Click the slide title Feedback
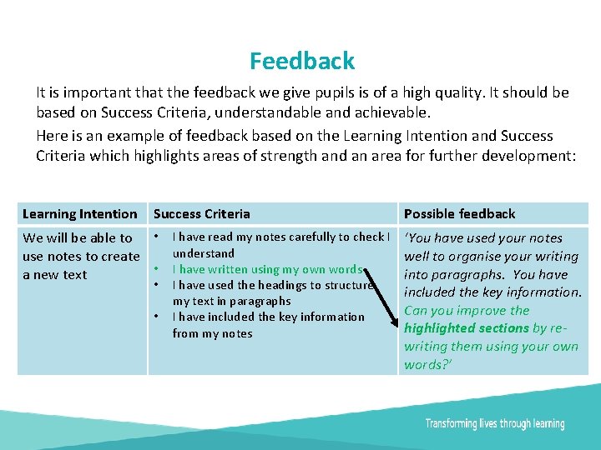301,61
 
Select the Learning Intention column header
80,214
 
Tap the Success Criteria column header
201,214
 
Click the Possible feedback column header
459,214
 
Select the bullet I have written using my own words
267,269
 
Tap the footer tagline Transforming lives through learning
494,424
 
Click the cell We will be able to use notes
80,256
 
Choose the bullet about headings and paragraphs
271,292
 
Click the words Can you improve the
467,311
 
